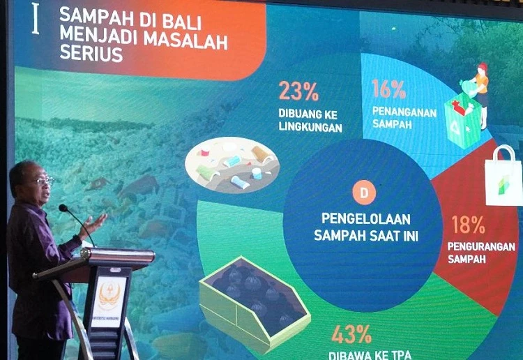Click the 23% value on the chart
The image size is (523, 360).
[298, 91]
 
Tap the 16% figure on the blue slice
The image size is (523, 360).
[389, 89]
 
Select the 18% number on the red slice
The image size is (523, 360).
[468, 224]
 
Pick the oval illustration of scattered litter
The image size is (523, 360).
[232, 165]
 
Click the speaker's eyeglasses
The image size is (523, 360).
[42, 181]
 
